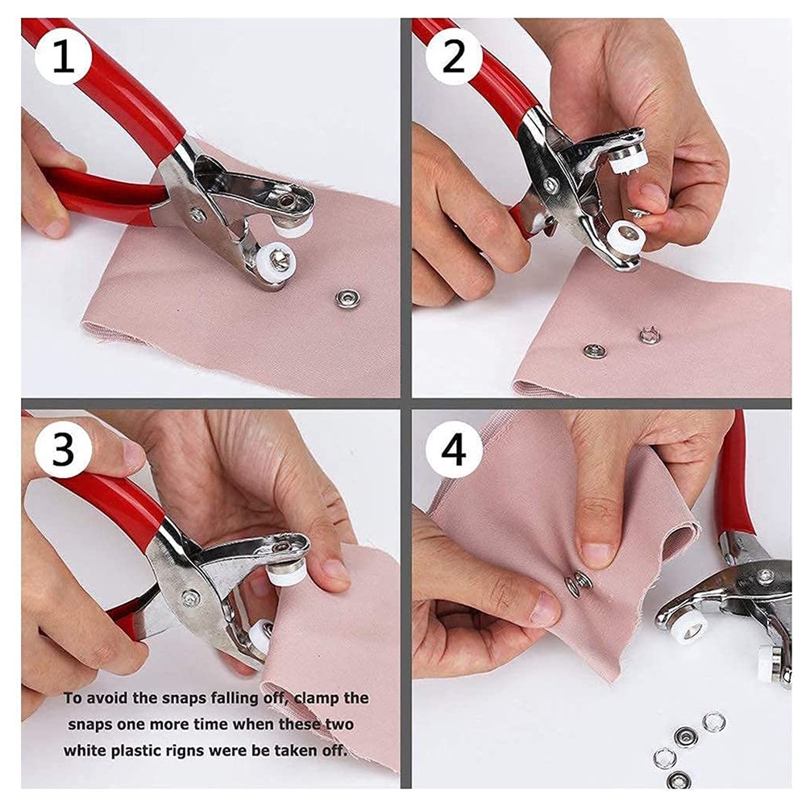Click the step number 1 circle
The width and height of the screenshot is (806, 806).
point(63,57)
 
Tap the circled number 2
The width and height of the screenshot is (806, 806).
point(453,57)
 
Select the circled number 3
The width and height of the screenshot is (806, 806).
point(63,449)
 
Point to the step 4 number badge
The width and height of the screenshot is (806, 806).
point(453,449)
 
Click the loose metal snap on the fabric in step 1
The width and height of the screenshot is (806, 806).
point(347,297)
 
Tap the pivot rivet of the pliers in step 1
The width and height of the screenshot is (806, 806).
point(197,214)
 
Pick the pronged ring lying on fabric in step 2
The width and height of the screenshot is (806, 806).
point(649,335)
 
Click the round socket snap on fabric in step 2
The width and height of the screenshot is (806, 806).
point(595,351)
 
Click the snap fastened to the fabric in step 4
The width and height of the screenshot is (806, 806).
point(578,584)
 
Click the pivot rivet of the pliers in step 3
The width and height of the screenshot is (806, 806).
point(191,597)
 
